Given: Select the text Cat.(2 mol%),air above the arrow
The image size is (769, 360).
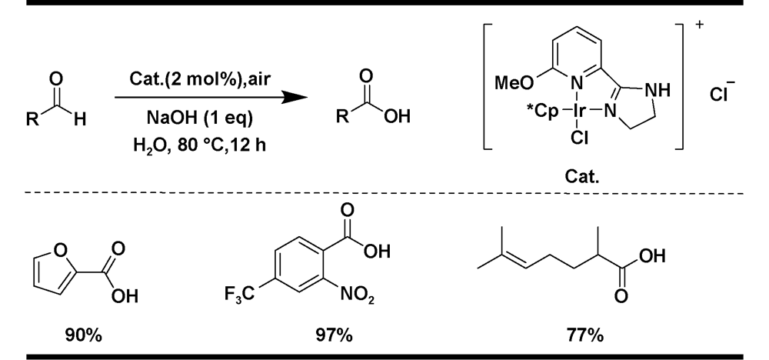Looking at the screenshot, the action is click(200, 78).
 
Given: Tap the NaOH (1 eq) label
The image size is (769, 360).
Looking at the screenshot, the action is click(200, 118).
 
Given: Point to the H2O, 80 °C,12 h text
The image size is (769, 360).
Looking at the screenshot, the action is click(200, 145).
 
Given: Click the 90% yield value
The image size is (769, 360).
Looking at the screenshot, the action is click(83, 336).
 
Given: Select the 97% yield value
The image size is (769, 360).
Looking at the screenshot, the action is click(334, 336).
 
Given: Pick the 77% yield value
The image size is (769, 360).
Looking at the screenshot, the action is click(585, 336).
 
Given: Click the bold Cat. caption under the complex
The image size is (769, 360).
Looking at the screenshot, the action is click(582, 177).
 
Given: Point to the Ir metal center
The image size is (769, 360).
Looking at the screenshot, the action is click(579, 112).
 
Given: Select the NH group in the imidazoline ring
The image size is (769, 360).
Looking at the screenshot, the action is click(657, 90).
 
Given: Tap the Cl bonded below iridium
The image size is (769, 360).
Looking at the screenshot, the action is click(579, 138).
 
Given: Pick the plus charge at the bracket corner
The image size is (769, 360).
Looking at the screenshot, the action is click(699, 25).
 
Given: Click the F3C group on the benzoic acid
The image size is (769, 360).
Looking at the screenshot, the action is click(240, 295).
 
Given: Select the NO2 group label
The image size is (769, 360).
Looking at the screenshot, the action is click(358, 295).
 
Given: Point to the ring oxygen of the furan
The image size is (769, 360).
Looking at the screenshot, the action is click(60, 250).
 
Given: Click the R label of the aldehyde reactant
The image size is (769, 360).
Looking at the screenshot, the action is click(32, 118).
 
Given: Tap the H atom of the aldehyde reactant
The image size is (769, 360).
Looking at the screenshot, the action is click(79, 118).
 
